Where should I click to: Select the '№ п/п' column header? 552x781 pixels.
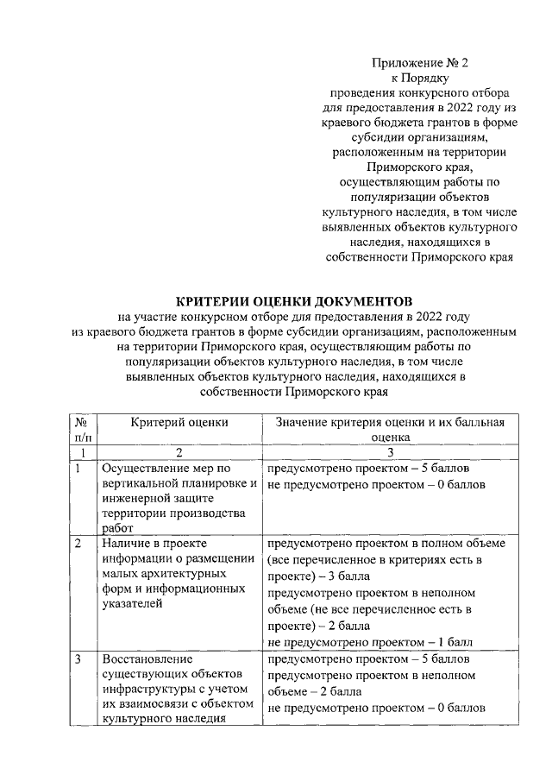(x=80, y=429)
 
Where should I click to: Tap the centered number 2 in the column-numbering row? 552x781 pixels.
(x=179, y=453)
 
